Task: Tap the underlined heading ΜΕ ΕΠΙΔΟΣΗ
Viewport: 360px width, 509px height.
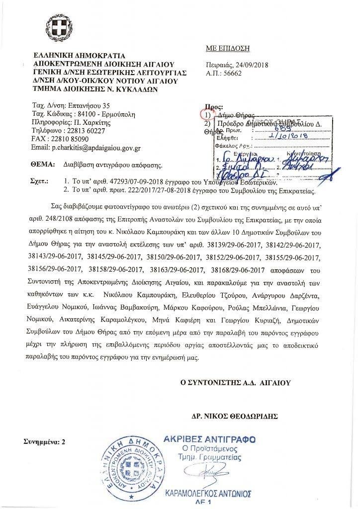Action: click(x=227, y=48)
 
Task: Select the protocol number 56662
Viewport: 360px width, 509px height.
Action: click(x=233, y=73)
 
